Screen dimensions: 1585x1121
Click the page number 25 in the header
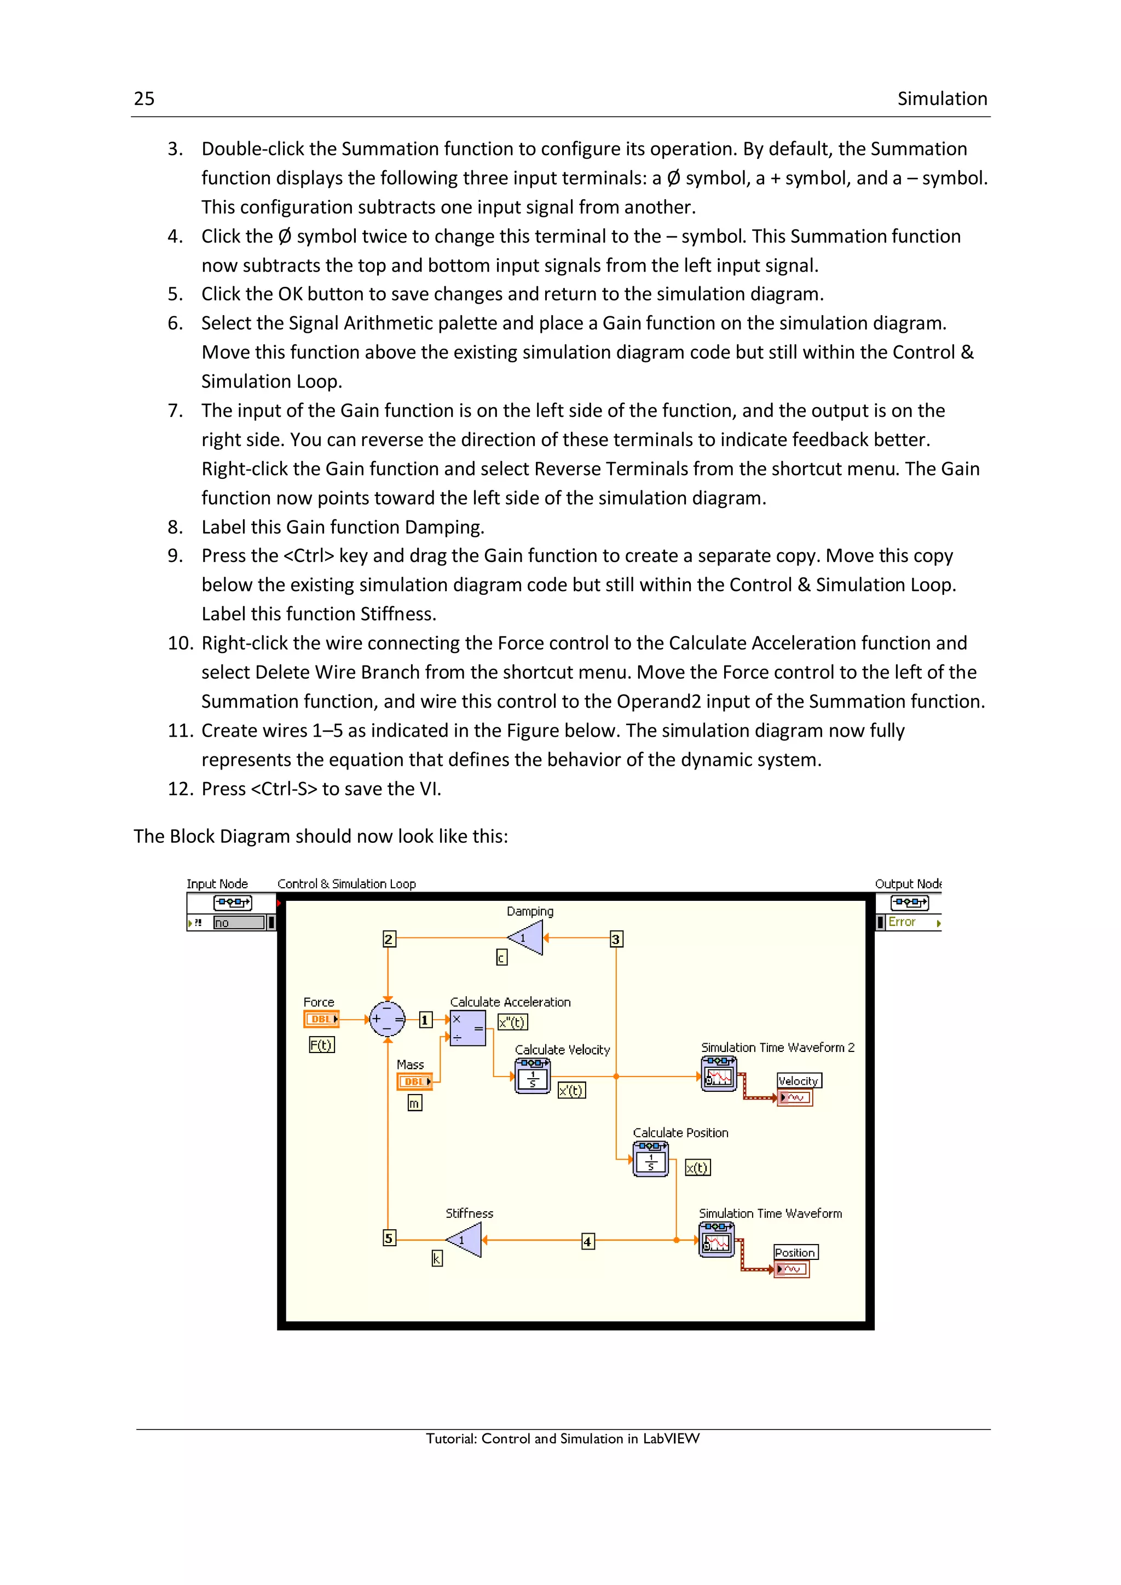pos(143,99)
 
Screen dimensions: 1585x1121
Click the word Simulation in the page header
pos(941,99)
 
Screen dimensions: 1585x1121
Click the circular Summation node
pos(387,1019)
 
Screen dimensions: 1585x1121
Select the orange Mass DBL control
pos(414,1081)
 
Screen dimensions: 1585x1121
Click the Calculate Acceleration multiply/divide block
pos(467,1028)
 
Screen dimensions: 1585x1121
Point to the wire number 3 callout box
pos(616,939)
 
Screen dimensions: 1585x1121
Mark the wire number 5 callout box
pos(389,1238)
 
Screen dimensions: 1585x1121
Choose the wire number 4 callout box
pos(587,1241)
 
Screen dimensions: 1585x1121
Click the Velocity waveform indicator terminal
pos(795,1097)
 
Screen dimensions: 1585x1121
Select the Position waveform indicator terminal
pos(791,1269)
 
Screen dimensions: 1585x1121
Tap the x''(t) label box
pos(512,1022)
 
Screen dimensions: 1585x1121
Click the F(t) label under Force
pos(321,1045)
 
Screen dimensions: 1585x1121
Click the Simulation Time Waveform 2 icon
pos(718,1075)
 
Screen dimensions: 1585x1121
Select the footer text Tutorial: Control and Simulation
pos(562,1439)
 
